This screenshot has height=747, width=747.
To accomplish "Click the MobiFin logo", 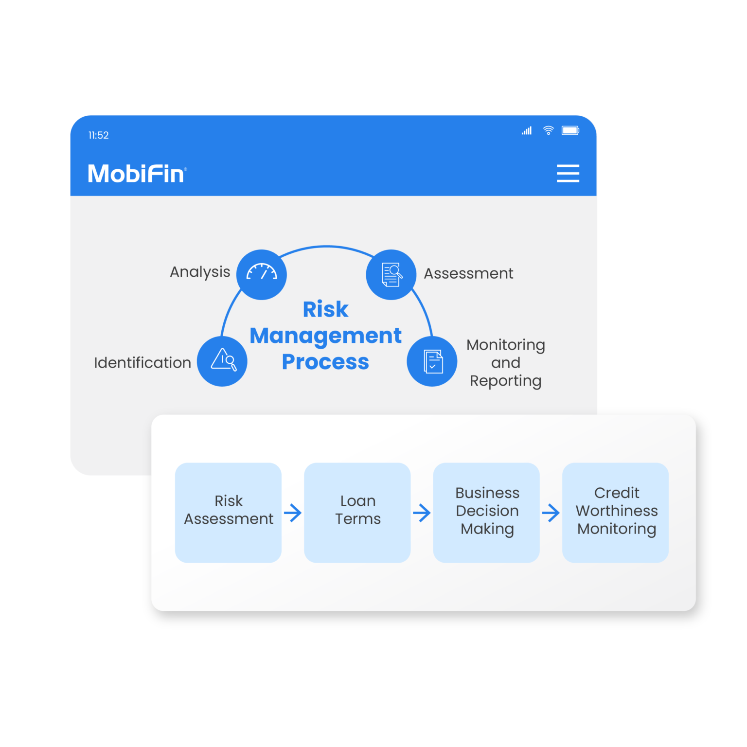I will pos(137,174).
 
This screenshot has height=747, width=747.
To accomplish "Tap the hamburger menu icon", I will pos(568,173).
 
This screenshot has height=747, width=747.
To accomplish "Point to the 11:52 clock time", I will pos(98,135).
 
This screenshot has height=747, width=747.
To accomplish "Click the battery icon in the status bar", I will pos(570,130).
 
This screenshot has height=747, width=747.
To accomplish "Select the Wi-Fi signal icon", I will pos(548,130).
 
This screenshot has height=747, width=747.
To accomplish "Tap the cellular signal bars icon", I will pos(527,130).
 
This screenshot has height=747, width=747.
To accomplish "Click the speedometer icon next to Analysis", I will pos(262,274).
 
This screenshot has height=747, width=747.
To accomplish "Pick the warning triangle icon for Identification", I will pos(223,361).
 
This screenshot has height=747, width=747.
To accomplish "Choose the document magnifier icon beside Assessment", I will pos(391,274).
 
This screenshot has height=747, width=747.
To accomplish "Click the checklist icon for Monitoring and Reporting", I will pos(432,361).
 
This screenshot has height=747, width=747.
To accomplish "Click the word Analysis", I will pos(200,272).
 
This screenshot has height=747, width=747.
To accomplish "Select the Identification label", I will pos(142,363).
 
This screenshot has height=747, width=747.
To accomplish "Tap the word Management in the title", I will pos(325,336).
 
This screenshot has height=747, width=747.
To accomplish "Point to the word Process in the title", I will pos(325,362).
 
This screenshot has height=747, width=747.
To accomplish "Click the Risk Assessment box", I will pos(228,513).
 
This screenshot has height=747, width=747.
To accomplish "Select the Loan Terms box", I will pos(357,513).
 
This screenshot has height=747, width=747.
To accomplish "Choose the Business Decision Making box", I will pos(486,513).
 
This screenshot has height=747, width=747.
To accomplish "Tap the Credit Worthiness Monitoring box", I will pos(616,513).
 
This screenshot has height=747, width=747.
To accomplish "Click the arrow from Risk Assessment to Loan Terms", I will pos(293,513).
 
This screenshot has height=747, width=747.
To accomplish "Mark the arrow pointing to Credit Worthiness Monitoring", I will pos(551,513).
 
